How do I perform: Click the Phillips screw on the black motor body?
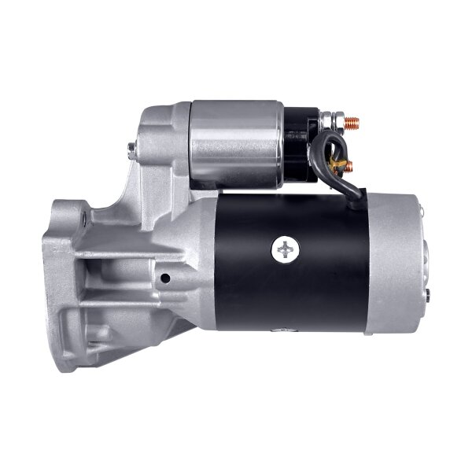tap(286, 251)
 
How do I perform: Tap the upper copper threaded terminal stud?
tap(352, 123)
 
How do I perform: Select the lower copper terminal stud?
tap(349, 166)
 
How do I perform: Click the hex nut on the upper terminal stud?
tap(336, 124)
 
